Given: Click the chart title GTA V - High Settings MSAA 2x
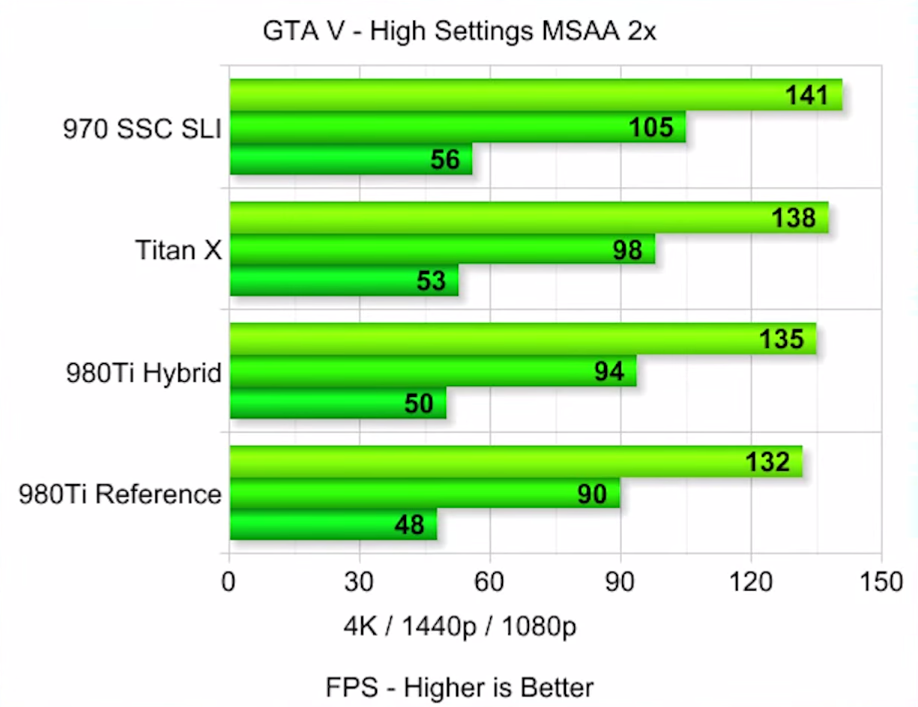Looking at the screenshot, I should coord(459,32).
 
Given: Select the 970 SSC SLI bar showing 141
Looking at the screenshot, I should coord(535,95).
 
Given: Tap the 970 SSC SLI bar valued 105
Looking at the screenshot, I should coord(457,127).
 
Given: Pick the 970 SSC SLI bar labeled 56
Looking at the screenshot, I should coord(350,159).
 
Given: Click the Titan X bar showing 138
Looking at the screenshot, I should coord(528,218).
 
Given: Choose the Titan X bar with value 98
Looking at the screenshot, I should coord(442,249).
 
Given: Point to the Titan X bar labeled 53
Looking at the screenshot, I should coord(343,281).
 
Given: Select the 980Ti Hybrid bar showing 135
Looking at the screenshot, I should coord(522,339).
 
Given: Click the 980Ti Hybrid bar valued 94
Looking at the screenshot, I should coord(432,371).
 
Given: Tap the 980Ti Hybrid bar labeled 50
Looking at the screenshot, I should coord(337,403).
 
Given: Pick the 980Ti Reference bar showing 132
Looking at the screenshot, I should coord(516,462).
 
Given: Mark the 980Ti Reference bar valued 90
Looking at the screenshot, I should coord(424,494).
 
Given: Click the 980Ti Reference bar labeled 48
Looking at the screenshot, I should coord(333,524).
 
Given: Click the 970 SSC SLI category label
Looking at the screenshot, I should coord(142,129).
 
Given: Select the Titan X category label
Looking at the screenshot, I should coord(178,250).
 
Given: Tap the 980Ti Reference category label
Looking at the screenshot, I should coord(121,494).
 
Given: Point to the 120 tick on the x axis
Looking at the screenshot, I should coord(751,582).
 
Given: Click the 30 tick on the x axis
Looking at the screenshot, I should coord(360,582).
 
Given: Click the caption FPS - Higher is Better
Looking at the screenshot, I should coord(459,686).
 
